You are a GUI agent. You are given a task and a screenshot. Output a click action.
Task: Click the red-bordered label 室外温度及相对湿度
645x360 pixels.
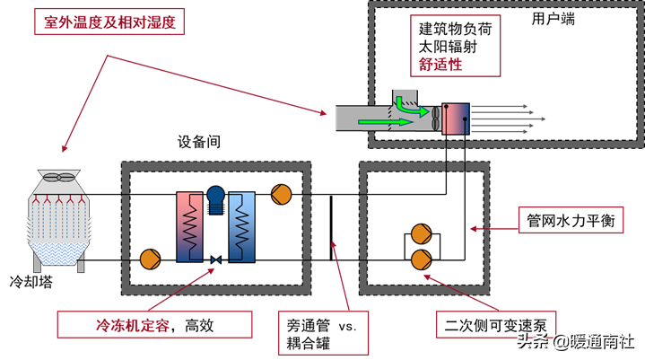pyautogui.click(x=109, y=22)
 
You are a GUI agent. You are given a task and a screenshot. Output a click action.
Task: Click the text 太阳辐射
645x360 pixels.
pyautogui.click(x=449, y=46)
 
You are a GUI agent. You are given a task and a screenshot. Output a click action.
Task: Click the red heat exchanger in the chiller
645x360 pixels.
pyautogui.click(x=190, y=225)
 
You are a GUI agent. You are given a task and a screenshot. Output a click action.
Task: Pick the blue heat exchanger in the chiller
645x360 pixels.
pyautogui.click(x=241, y=225)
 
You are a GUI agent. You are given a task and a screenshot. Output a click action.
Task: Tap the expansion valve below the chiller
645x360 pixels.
pyautogui.click(x=215, y=260)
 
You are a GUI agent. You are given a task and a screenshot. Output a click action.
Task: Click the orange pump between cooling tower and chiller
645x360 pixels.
pyautogui.click(x=150, y=260)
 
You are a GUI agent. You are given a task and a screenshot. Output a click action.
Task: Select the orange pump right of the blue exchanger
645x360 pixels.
pyautogui.click(x=281, y=193)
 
